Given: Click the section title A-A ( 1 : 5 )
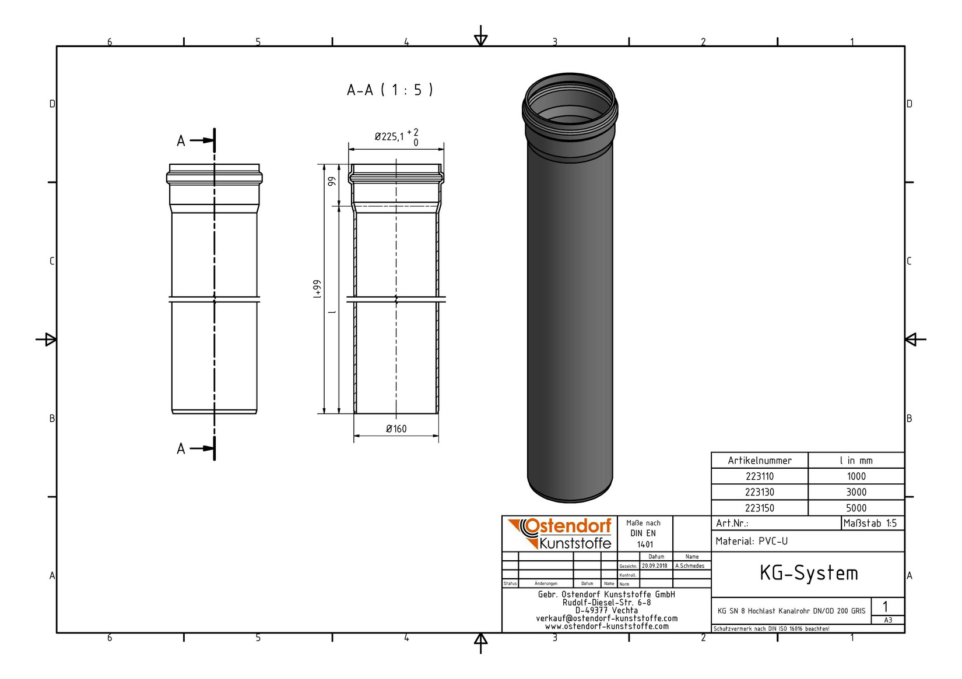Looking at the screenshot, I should coord(389,90).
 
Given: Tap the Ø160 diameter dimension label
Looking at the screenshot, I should coord(396,429).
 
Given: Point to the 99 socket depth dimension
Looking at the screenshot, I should coord(332,181).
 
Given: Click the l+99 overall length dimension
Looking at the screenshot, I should coord(317,289).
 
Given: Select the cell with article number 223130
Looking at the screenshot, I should coord(759,492).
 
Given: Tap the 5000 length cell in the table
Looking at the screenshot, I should coord(856,508).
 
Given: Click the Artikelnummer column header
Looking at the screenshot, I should coord(759,461).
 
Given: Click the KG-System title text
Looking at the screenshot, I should coord(808,574).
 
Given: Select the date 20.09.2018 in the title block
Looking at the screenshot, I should coord(654,566).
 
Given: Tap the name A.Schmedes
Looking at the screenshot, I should coord(690,566).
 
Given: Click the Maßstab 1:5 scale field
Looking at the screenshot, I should coord(870,524).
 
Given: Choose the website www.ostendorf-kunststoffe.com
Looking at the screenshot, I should coord(606,627).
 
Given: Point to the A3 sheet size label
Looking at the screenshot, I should coord(887,620).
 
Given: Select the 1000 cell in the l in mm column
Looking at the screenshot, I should coord(856,476).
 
